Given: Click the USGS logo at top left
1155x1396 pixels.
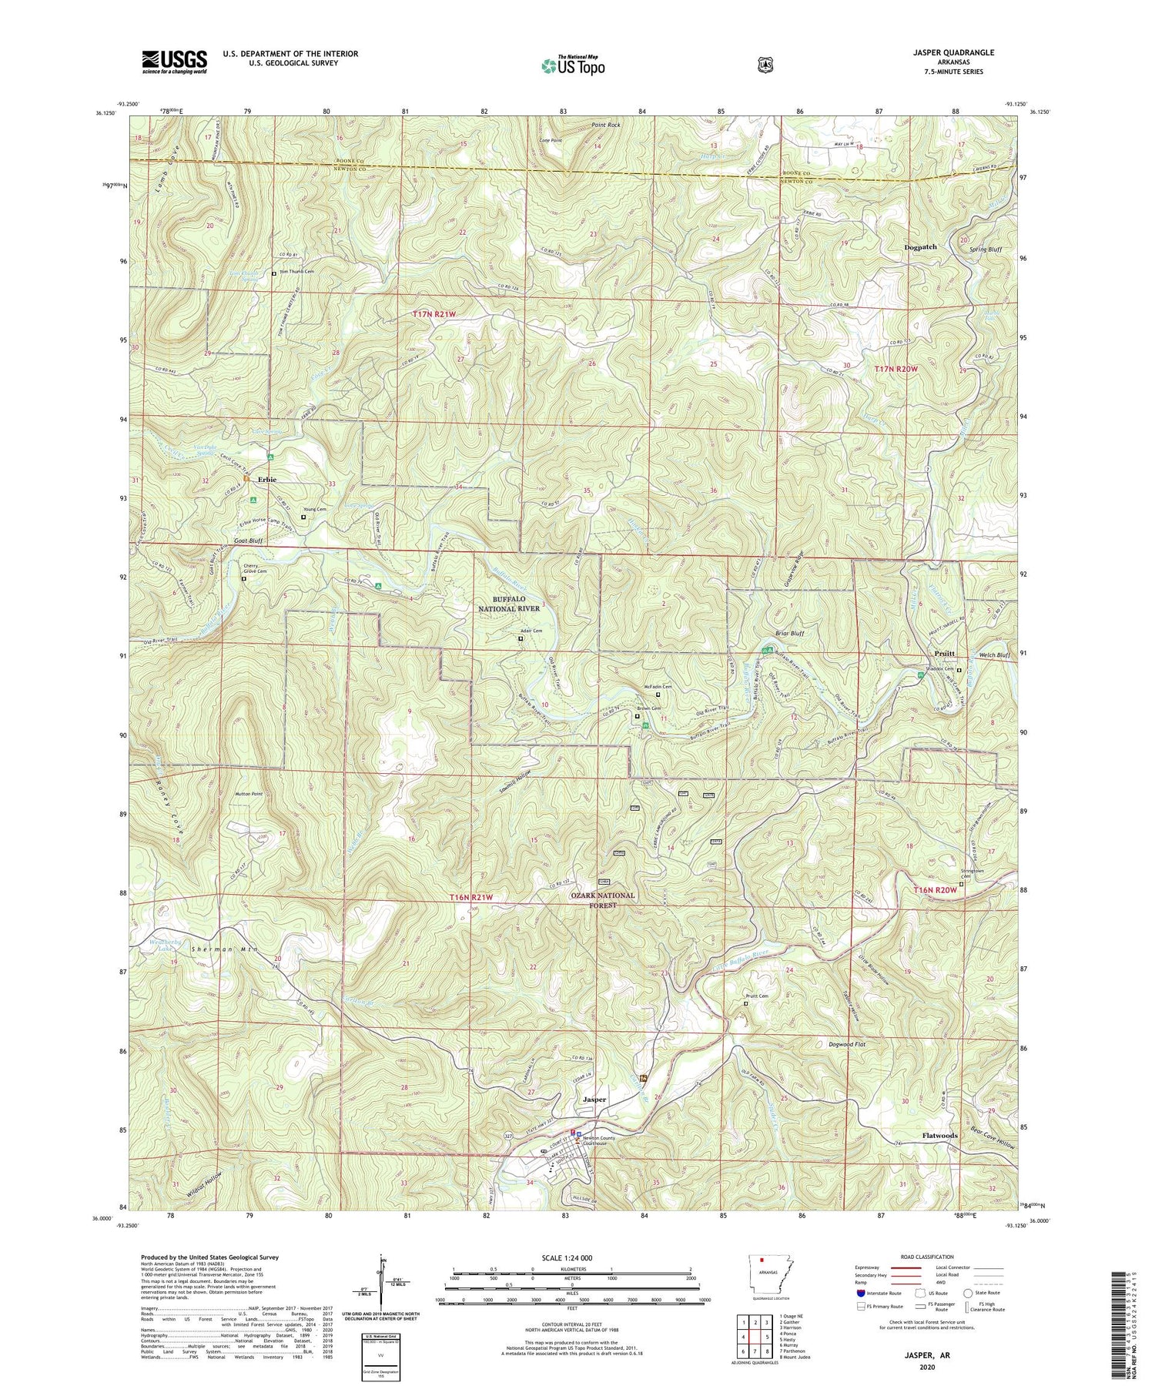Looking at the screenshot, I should tap(174, 62).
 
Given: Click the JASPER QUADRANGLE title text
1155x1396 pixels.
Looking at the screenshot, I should tap(950, 52).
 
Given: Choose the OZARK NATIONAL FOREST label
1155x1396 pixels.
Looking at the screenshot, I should tap(602, 900).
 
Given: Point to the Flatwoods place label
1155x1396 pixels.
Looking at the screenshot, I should tap(939, 1136).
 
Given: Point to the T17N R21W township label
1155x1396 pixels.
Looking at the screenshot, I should tap(434, 314).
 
